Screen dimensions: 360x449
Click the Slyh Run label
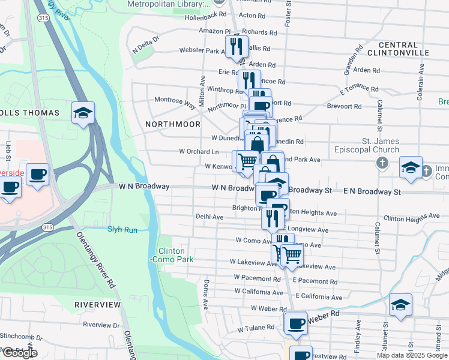coord(122,229)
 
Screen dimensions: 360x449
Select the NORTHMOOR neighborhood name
coord(173,124)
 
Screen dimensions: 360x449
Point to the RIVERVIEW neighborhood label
coord(97,305)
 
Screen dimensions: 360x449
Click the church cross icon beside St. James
coord(382,163)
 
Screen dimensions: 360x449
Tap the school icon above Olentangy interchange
coord(83,112)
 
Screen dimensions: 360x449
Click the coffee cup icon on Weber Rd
coord(295,322)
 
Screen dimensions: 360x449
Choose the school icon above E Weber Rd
coord(400,304)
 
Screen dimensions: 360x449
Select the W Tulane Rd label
coord(256,329)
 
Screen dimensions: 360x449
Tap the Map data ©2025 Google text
coord(412,355)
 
